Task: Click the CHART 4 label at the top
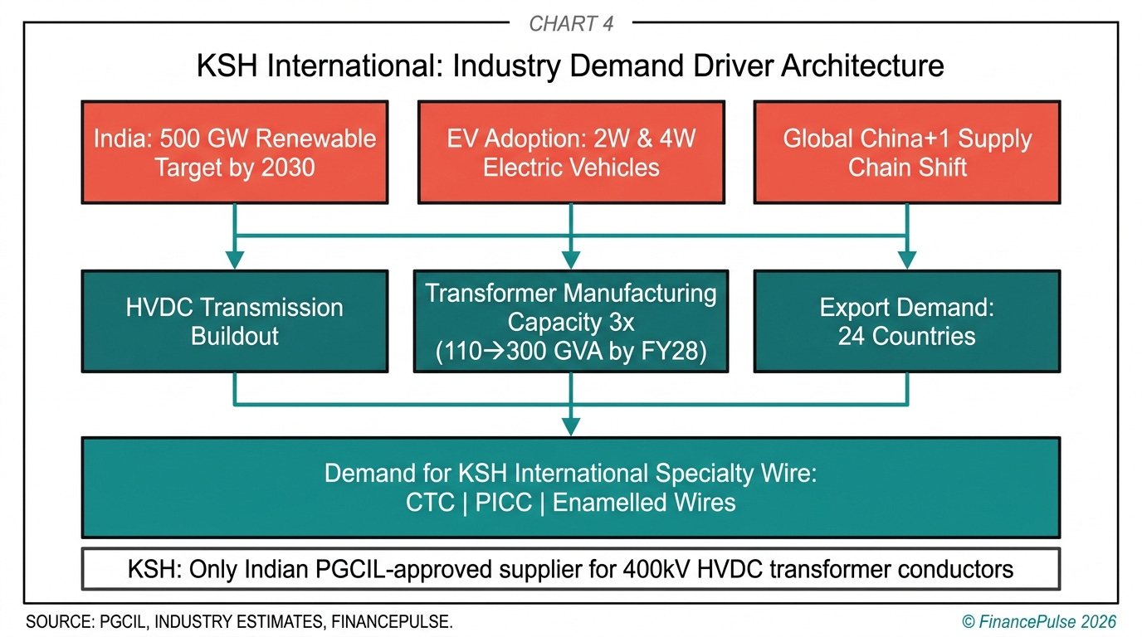[x=571, y=23]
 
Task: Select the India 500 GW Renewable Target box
[x=234, y=152]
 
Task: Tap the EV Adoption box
[x=571, y=152]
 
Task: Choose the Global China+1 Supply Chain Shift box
[x=906, y=152]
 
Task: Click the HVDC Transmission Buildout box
[x=234, y=321]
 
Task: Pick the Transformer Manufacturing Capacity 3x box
[x=571, y=321]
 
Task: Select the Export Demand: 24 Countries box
[x=906, y=321]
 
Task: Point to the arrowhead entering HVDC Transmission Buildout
[x=235, y=260]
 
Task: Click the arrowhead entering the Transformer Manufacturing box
[x=571, y=260]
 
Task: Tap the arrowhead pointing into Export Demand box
[x=906, y=260]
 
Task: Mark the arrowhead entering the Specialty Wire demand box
[x=571, y=427]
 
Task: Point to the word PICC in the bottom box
[x=504, y=503]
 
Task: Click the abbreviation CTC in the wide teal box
[x=431, y=503]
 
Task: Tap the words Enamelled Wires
[x=644, y=503]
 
